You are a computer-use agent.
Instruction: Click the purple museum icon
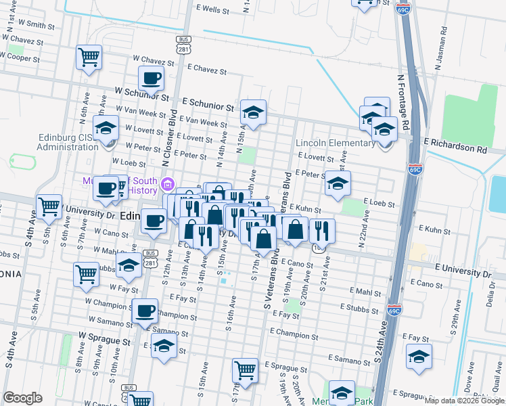(168, 183)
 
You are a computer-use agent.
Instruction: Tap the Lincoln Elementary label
(336, 143)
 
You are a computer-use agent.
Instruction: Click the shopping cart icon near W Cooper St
(89, 58)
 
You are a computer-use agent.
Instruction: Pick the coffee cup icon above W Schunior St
(151, 78)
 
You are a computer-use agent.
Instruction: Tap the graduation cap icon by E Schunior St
(253, 112)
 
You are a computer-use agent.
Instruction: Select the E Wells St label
(207, 10)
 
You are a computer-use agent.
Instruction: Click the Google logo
(22, 398)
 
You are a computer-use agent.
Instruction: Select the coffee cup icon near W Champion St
(144, 311)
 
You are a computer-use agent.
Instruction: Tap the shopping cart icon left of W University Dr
(49, 206)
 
